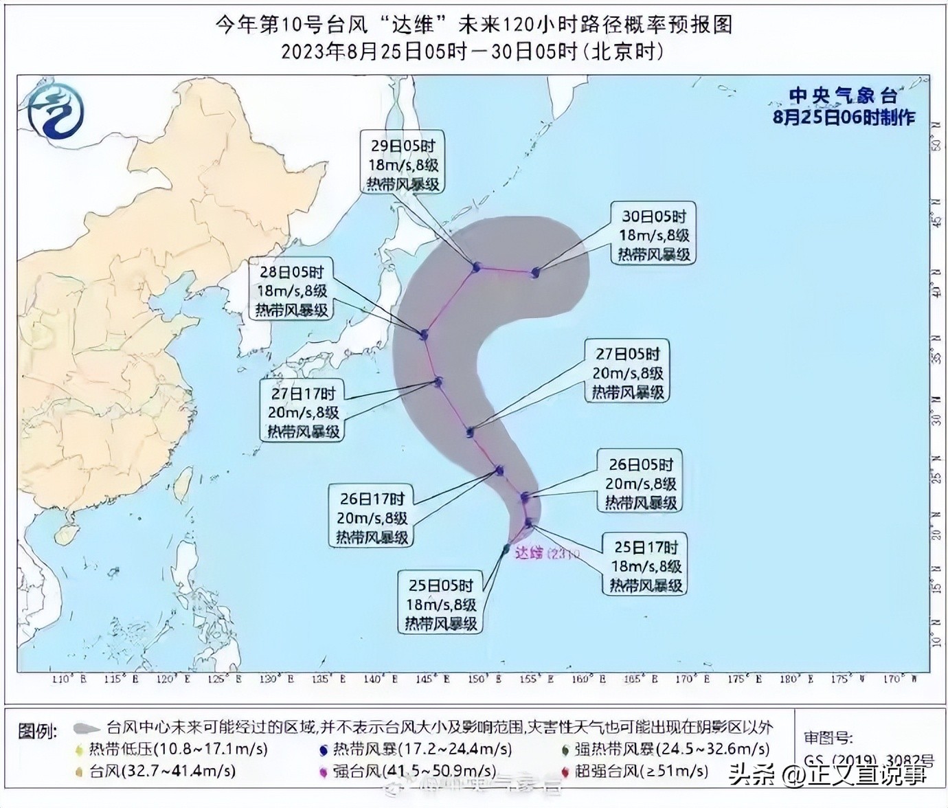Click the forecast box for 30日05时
click(x=653, y=234)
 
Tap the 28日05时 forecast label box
click(x=292, y=290)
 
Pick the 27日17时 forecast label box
click(x=303, y=412)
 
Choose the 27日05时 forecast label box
click(x=627, y=373)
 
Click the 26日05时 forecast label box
click(x=640, y=483)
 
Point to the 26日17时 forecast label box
click(x=372, y=517)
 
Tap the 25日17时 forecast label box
click(x=646, y=565)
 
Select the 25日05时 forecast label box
click(x=440, y=605)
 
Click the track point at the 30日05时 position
click(x=535, y=273)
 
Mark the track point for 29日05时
click(x=476, y=267)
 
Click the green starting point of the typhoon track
click(x=506, y=548)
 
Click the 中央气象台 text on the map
click(x=843, y=96)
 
